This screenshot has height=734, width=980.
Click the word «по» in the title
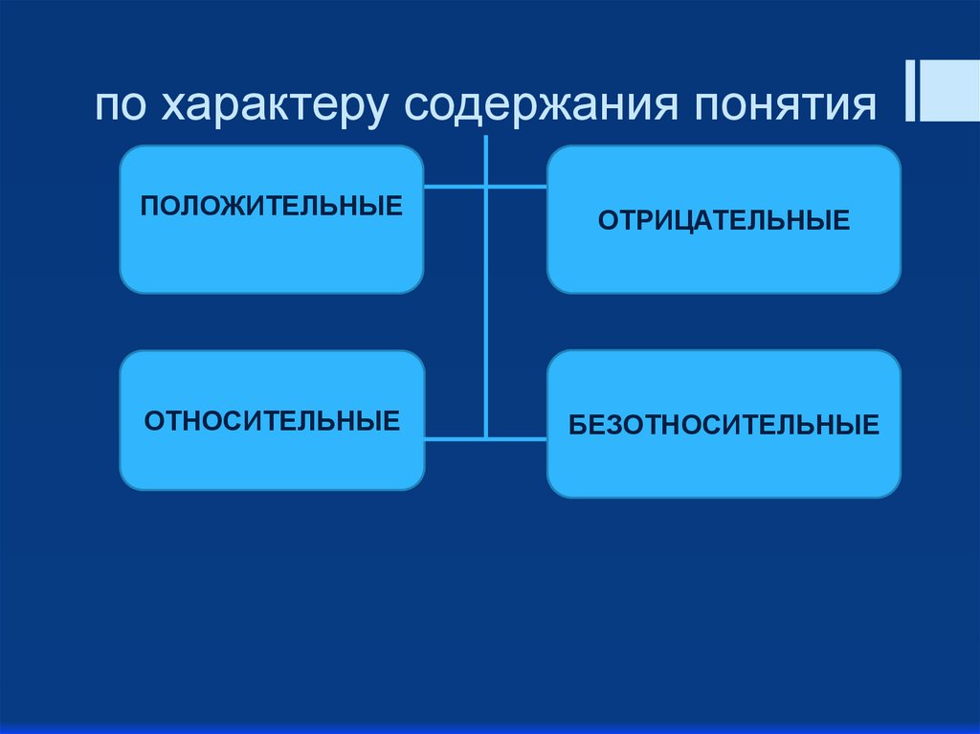click(x=119, y=106)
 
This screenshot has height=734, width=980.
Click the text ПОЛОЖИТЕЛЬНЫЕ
click(x=272, y=206)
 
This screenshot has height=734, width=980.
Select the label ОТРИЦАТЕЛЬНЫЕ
click(x=724, y=221)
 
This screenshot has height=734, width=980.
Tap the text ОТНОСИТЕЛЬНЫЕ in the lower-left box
click(x=272, y=421)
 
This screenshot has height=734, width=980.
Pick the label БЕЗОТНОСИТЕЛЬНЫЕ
click(x=724, y=424)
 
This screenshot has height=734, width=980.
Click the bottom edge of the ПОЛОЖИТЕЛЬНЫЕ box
click(x=272, y=292)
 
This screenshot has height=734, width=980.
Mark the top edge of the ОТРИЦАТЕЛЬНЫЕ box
click(x=724, y=146)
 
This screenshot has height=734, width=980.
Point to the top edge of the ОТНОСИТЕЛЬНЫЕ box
click(x=272, y=351)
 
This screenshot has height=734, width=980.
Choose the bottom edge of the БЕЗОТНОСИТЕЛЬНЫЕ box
click(x=724, y=496)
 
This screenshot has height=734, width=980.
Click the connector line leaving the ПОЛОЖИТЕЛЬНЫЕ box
click(x=454, y=187)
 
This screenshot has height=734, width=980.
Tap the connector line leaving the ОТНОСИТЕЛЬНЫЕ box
click(x=454, y=439)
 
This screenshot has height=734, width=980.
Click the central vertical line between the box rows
click(x=486, y=316)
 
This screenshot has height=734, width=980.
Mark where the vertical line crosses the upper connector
click(x=486, y=187)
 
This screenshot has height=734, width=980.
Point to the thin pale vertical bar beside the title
click(x=908, y=91)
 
